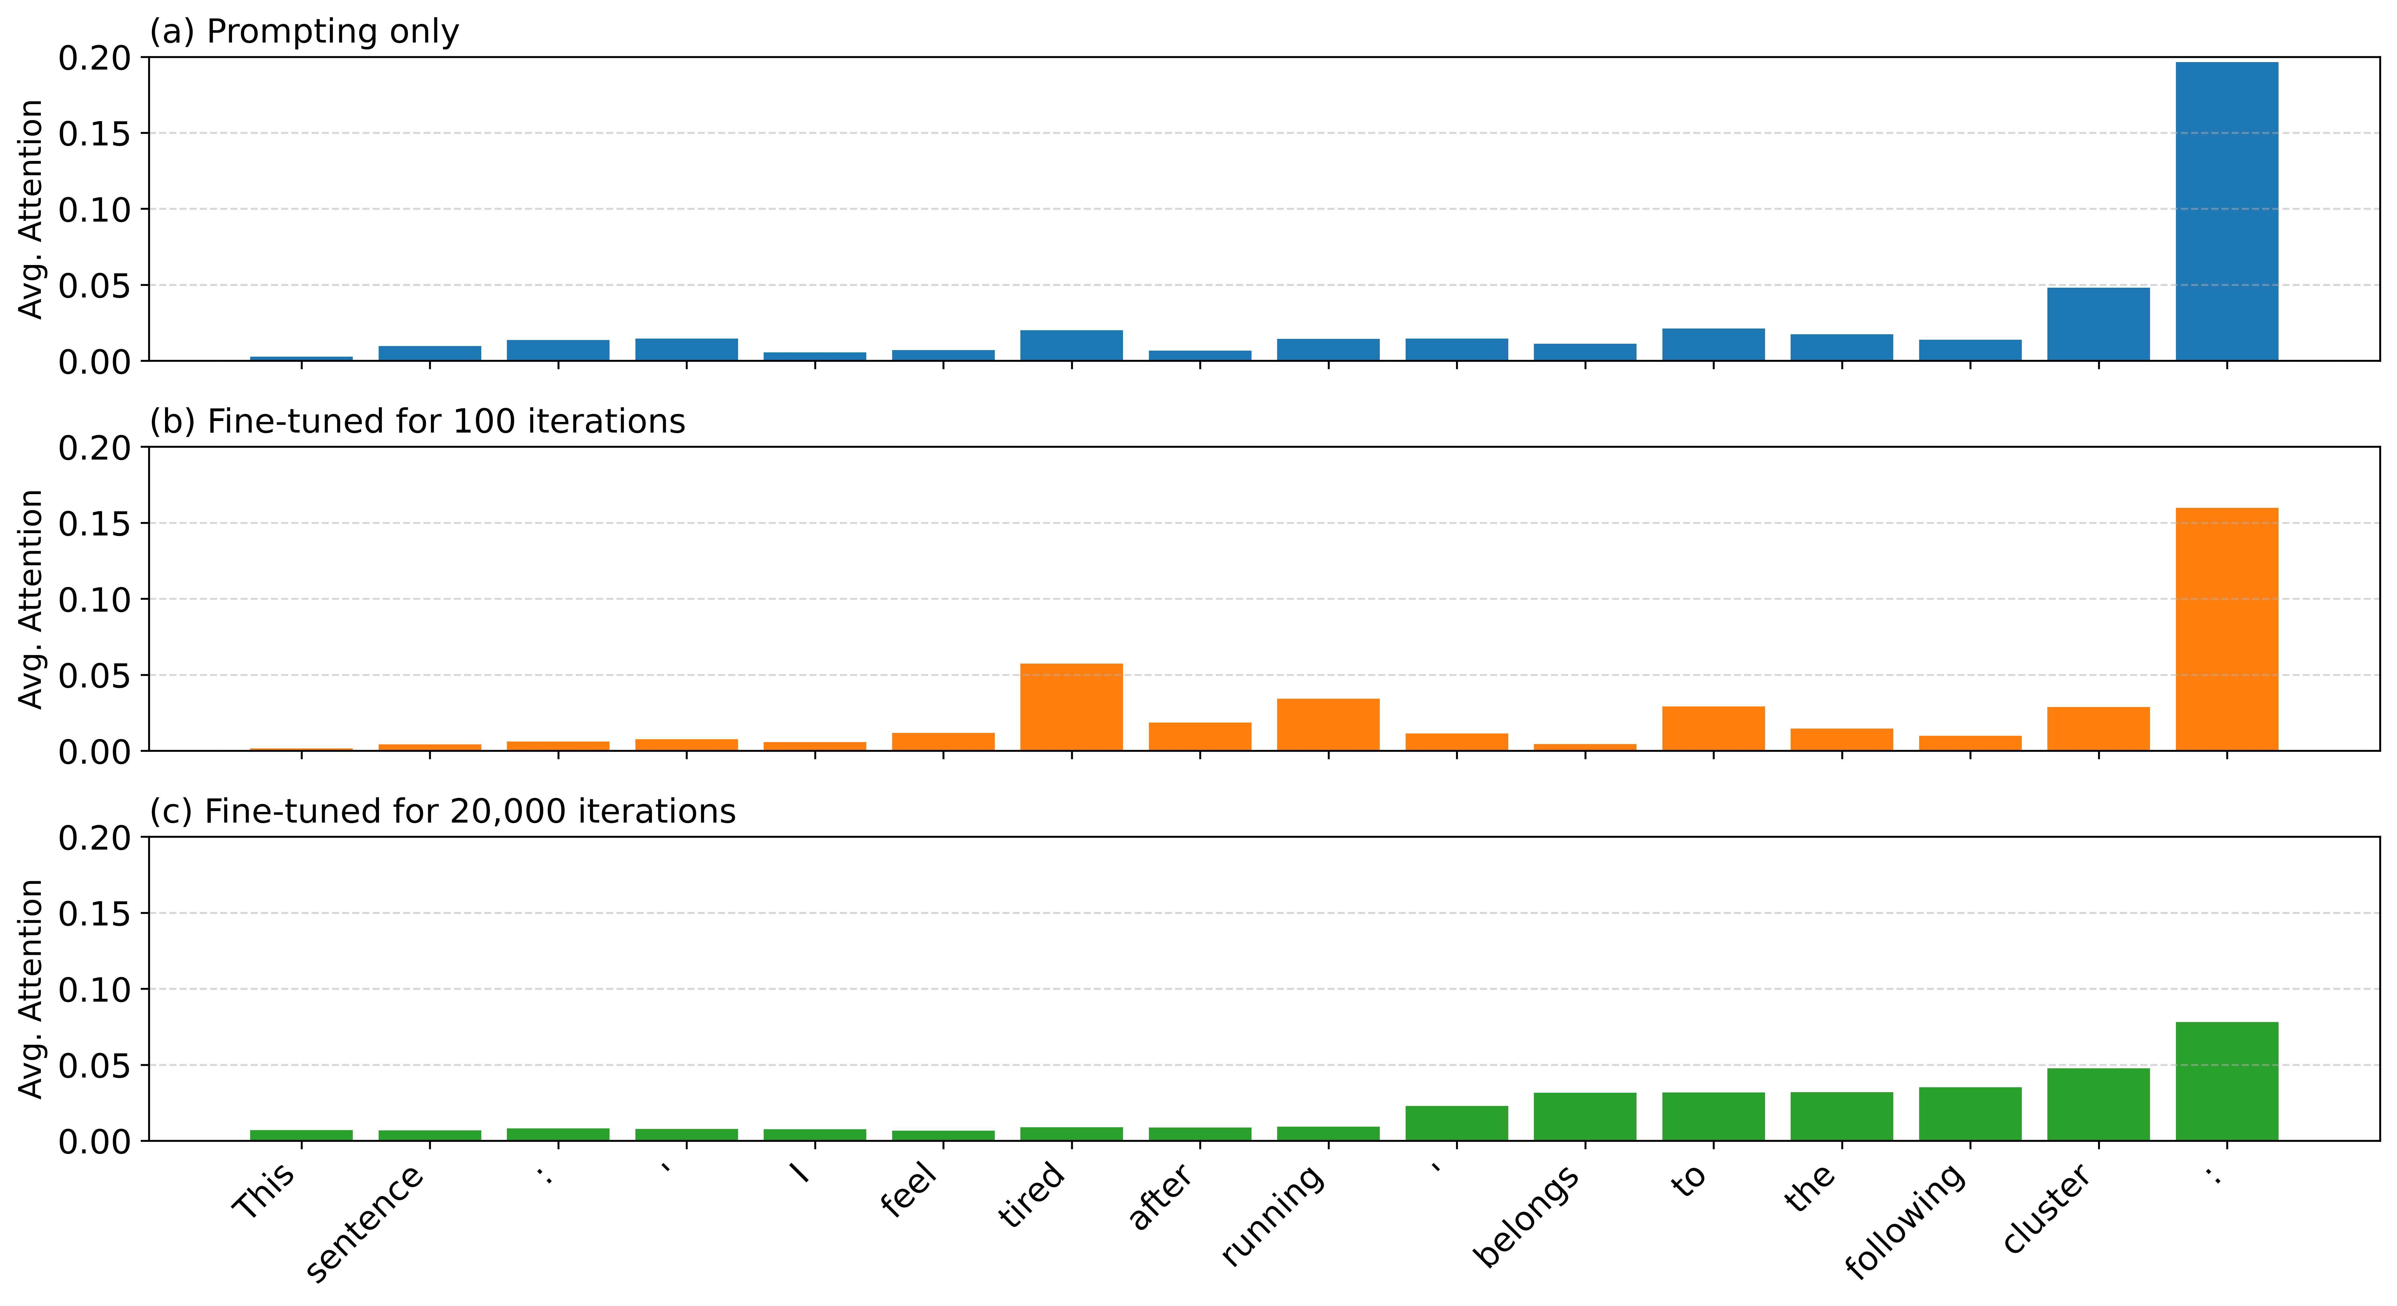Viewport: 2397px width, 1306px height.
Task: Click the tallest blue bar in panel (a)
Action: (x=2227, y=211)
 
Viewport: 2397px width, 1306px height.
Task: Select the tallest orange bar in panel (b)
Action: (x=2227, y=629)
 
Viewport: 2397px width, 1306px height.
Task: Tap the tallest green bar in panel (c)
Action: (x=2227, y=1081)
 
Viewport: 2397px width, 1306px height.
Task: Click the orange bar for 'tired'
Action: (x=1071, y=707)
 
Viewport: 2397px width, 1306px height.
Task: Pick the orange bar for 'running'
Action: (x=1328, y=725)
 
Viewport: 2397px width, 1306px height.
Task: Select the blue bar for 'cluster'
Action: (x=2098, y=324)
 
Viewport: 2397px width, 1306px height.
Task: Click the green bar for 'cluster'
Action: (x=2098, y=1104)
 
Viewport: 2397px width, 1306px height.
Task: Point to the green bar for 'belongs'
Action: (x=1585, y=1116)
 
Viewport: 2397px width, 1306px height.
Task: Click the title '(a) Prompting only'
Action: (x=304, y=32)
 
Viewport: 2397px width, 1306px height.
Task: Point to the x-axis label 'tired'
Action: (x=1031, y=1194)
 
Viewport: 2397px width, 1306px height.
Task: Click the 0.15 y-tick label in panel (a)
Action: (x=95, y=134)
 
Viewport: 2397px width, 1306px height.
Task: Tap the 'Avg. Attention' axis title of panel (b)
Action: (x=31, y=599)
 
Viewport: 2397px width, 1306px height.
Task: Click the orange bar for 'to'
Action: (x=1713, y=728)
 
